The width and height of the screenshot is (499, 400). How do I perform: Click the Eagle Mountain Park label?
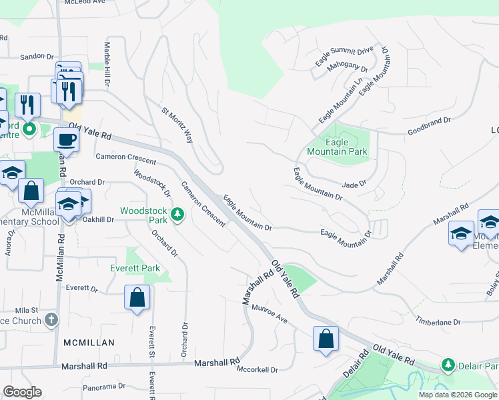pos(337,147)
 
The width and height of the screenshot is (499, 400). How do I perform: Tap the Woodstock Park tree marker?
pos(177,214)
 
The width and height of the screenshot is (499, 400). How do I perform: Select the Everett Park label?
pos(135,268)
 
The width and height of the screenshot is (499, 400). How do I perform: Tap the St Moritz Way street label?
pos(178,125)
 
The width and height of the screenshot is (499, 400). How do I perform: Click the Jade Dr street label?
pos(354,185)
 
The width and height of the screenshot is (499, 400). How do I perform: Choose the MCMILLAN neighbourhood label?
pos(89,343)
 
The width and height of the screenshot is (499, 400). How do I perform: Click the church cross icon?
pos(51,319)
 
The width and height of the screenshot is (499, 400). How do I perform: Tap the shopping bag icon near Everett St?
pos(137,297)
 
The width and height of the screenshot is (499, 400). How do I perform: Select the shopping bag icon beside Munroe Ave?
pos(325,338)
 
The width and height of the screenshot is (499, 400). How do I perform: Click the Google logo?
pos(22,392)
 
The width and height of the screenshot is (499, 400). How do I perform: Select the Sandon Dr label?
pos(36,57)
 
